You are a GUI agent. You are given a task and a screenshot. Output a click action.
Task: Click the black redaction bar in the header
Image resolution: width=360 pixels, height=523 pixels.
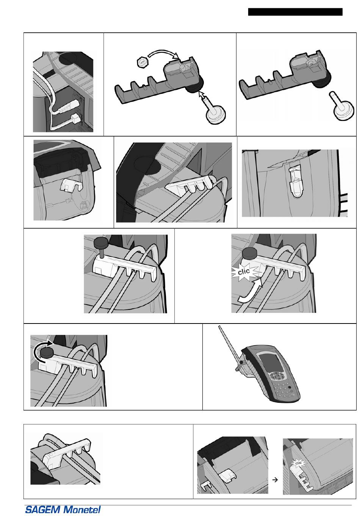(x=295, y=12)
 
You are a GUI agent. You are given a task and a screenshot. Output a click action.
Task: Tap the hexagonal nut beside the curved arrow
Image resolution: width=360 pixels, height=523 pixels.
(x=141, y=62)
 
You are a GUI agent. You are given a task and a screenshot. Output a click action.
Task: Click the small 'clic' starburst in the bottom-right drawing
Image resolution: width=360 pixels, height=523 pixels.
(x=299, y=463)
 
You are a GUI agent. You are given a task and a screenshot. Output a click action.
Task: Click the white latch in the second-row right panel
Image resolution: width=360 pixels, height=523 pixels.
(x=296, y=182)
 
